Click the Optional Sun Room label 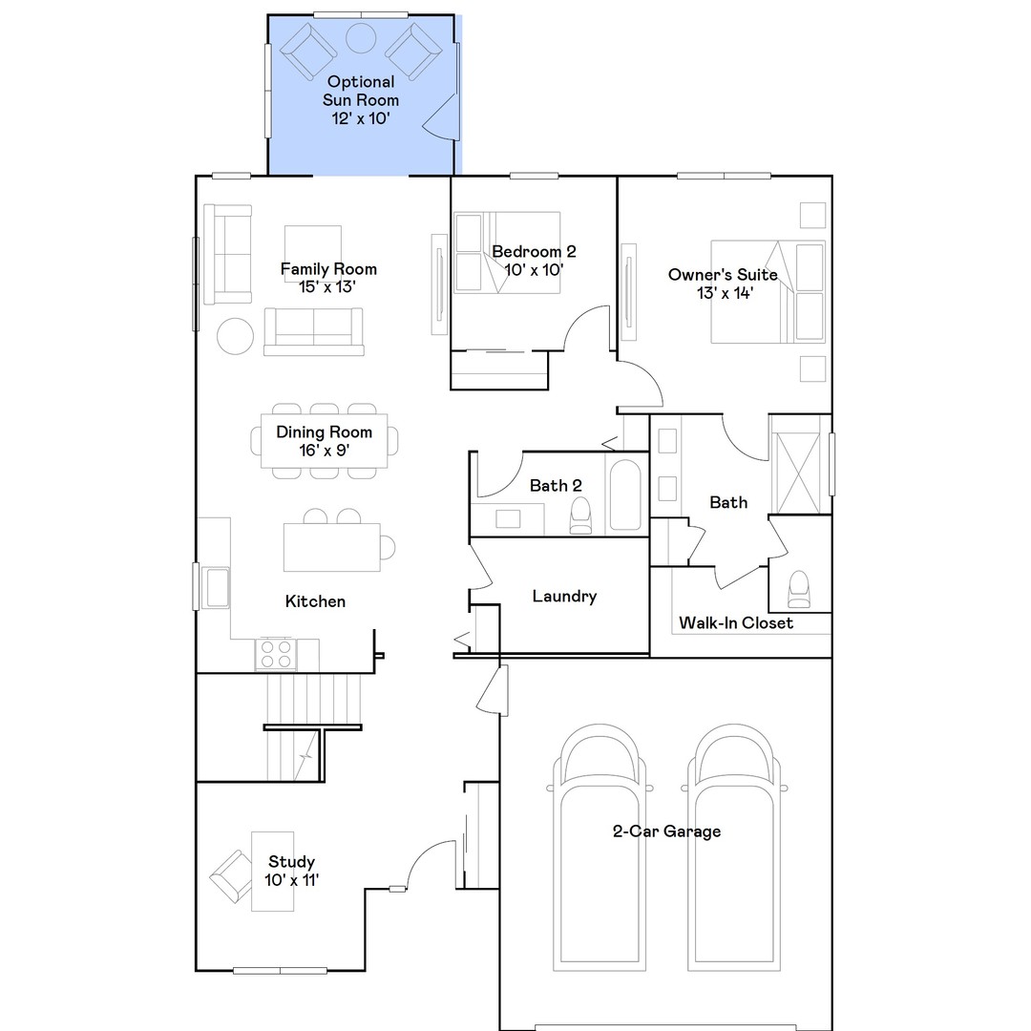click(x=361, y=100)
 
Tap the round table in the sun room click(x=361, y=38)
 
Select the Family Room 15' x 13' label click(x=327, y=278)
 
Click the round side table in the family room click(x=235, y=336)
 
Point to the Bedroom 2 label click(x=534, y=261)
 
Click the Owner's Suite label click(x=723, y=284)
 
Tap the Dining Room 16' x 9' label click(x=324, y=440)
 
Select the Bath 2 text click(x=556, y=486)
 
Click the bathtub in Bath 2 click(x=626, y=495)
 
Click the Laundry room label click(x=564, y=597)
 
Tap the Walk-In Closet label click(x=735, y=623)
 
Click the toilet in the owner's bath click(x=798, y=589)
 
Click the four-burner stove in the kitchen click(x=276, y=654)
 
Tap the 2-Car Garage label click(x=666, y=831)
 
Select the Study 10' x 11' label click(x=291, y=871)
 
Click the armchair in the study click(x=232, y=875)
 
